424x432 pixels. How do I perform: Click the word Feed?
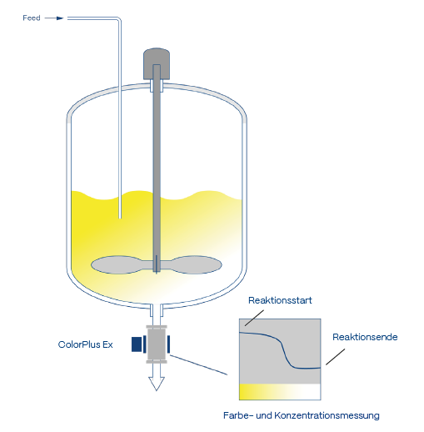tap(32, 18)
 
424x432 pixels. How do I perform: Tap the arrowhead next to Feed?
tap(60, 18)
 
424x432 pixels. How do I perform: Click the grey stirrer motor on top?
tap(157, 63)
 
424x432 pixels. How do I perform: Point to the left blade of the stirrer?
tap(119, 264)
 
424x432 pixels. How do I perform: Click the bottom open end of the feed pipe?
tap(120, 218)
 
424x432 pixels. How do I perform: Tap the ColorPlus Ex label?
tap(85, 344)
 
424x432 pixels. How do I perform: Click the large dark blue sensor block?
tap(137, 344)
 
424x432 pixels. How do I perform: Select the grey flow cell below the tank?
tap(157, 344)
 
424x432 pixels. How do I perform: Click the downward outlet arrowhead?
tap(157, 384)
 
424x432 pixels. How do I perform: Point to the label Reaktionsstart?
tap(280, 300)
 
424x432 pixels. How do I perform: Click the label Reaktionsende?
tap(365, 337)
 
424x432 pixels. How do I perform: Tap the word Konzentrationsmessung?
tap(327, 415)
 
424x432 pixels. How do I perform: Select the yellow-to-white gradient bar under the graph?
tap(280, 392)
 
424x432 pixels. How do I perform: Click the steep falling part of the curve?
tap(286, 354)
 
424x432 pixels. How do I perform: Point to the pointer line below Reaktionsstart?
tap(254, 318)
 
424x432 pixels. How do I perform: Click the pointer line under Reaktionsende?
tap(336, 357)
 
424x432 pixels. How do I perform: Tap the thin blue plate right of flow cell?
tap(168, 344)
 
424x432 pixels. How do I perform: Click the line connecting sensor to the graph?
tap(198, 364)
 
